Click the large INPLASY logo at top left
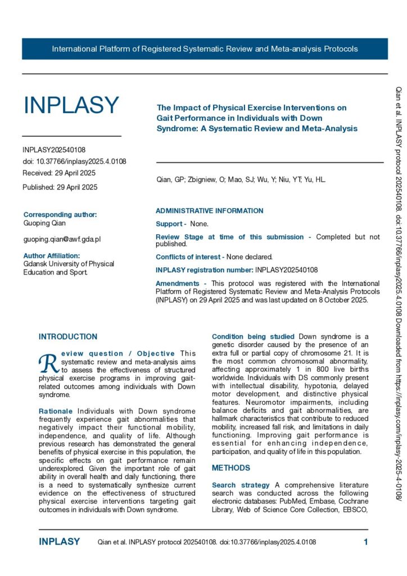[x=71, y=105]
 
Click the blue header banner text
[x=205, y=49]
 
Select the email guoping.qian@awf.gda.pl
[x=62, y=239]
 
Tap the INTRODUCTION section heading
[x=68, y=337]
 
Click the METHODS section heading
[x=231, y=467]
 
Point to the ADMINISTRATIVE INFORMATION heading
[x=209, y=211]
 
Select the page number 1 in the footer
[x=365, y=542]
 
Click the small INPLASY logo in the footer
[x=59, y=542]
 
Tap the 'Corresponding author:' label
[x=60, y=214]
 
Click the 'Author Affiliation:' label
[x=52, y=255]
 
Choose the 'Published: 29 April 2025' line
[x=60, y=187]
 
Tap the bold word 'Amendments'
[x=177, y=283]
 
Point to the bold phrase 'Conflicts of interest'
[x=189, y=256]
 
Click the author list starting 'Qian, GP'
[x=241, y=180]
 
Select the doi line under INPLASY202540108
[x=74, y=161]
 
